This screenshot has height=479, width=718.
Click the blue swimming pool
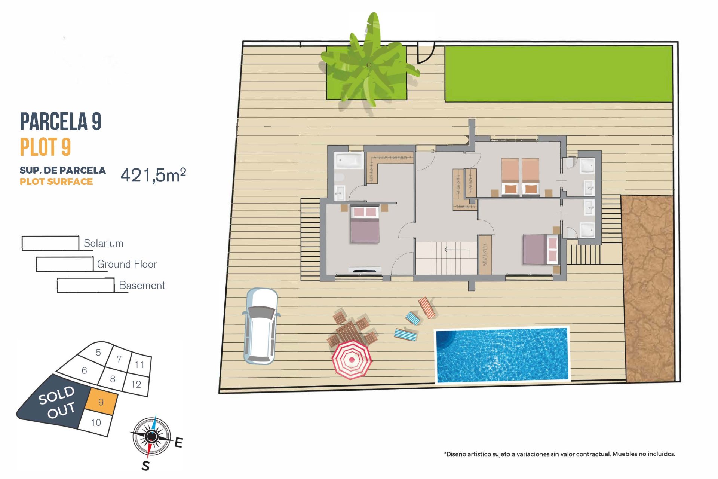click(x=502, y=355)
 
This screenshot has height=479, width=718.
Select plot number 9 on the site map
click(x=101, y=402)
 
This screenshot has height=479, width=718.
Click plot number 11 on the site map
click(x=139, y=364)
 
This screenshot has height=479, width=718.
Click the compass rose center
click(x=151, y=436)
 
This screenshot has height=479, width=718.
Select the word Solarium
click(x=103, y=243)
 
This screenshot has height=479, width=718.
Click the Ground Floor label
click(x=127, y=264)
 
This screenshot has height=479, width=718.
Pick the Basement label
click(x=142, y=285)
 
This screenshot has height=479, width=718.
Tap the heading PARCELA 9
click(x=61, y=121)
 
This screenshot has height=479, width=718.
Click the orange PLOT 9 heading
click(x=45, y=147)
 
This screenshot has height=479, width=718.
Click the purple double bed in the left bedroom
click(x=365, y=224)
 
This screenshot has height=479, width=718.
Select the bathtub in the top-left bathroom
click(x=349, y=161)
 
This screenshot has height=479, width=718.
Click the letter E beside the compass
click(x=178, y=442)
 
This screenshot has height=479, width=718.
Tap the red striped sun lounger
click(x=427, y=308)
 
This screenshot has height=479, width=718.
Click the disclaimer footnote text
click(x=559, y=454)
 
